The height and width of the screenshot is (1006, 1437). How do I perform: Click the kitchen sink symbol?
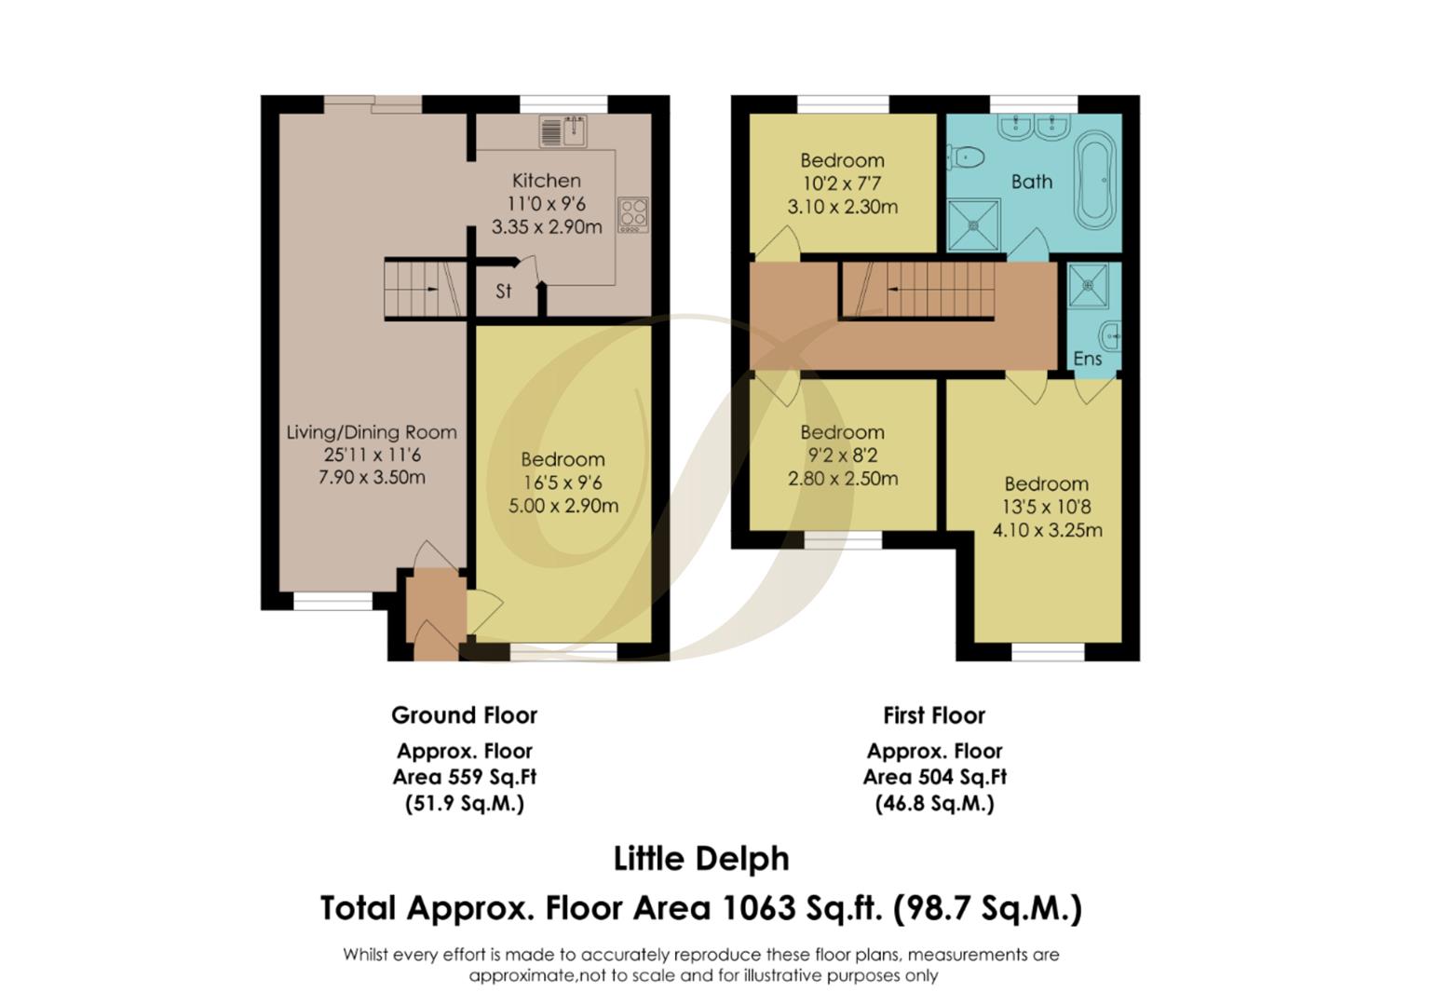point(563,131)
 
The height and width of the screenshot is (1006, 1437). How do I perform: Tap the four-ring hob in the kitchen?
point(633,215)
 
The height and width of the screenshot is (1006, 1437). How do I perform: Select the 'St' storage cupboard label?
point(504,292)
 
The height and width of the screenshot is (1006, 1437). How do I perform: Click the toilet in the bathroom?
point(967,157)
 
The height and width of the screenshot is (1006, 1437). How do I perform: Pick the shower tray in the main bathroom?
point(974,225)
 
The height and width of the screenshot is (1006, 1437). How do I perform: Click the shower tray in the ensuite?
point(1088,285)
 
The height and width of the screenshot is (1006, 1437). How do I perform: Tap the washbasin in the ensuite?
point(1110,335)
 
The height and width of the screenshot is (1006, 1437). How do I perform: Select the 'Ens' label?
point(1088,359)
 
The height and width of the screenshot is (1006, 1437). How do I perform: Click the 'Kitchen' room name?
point(547,181)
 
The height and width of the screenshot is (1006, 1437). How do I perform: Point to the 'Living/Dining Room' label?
point(372,432)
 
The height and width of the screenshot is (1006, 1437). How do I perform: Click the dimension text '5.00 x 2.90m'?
point(563,506)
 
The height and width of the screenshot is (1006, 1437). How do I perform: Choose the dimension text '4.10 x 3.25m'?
point(1047,530)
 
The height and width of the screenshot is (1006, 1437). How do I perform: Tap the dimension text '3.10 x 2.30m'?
point(842,207)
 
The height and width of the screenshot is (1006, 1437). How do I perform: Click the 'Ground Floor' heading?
point(464,715)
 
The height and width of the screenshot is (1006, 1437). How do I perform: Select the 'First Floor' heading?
point(934,715)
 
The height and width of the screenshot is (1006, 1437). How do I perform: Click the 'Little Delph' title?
point(701,859)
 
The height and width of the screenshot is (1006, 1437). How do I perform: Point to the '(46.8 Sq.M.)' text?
point(934,803)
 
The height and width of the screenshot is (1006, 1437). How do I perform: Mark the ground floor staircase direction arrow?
point(429,290)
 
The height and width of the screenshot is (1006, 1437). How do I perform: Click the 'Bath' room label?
point(1032,183)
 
